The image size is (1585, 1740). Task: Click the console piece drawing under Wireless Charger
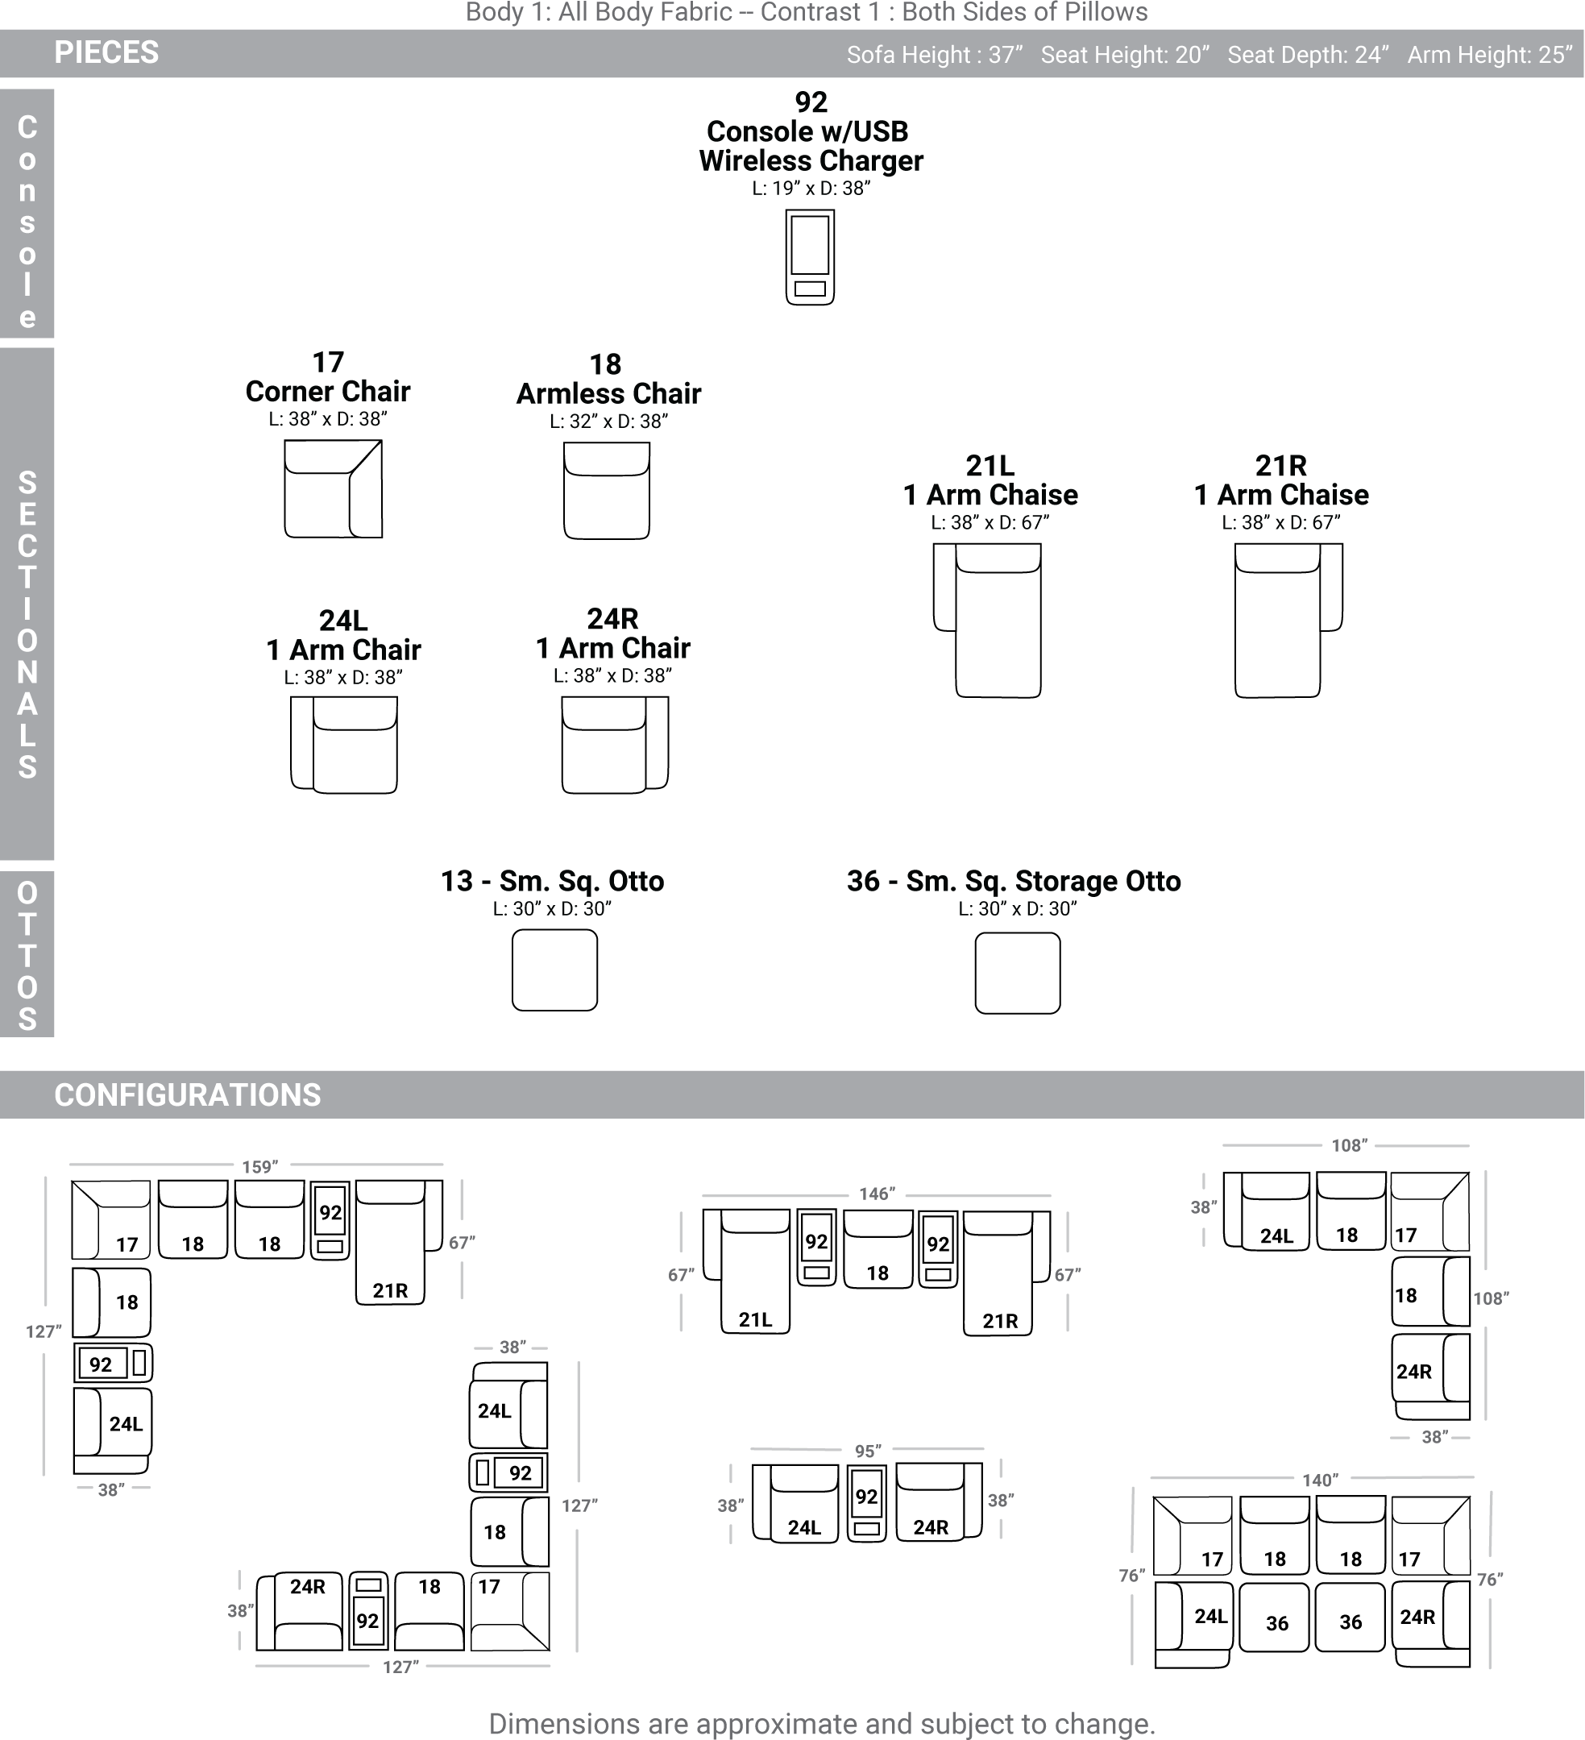tap(809, 257)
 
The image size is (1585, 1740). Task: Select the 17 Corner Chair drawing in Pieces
tap(333, 488)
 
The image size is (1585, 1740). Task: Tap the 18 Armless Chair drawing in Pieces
tap(607, 491)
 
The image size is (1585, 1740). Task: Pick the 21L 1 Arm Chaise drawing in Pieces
tap(987, 621)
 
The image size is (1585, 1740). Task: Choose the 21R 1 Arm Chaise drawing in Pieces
tap(1288, 621)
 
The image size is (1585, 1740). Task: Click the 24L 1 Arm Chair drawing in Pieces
tap(344, 745)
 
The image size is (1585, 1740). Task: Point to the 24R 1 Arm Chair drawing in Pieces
tap(614, 745)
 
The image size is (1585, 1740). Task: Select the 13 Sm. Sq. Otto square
tap(555, 970)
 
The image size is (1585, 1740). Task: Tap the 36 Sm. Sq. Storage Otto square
tap(1017, 973)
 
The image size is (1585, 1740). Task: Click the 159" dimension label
tap(259, 1167)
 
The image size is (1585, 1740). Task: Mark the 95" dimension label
tap(868, 1451)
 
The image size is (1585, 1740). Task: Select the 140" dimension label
tap(1320, 1480)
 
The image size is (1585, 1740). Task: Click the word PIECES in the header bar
tap(106, 52)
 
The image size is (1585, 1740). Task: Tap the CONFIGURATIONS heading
tap(187, 1095)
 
